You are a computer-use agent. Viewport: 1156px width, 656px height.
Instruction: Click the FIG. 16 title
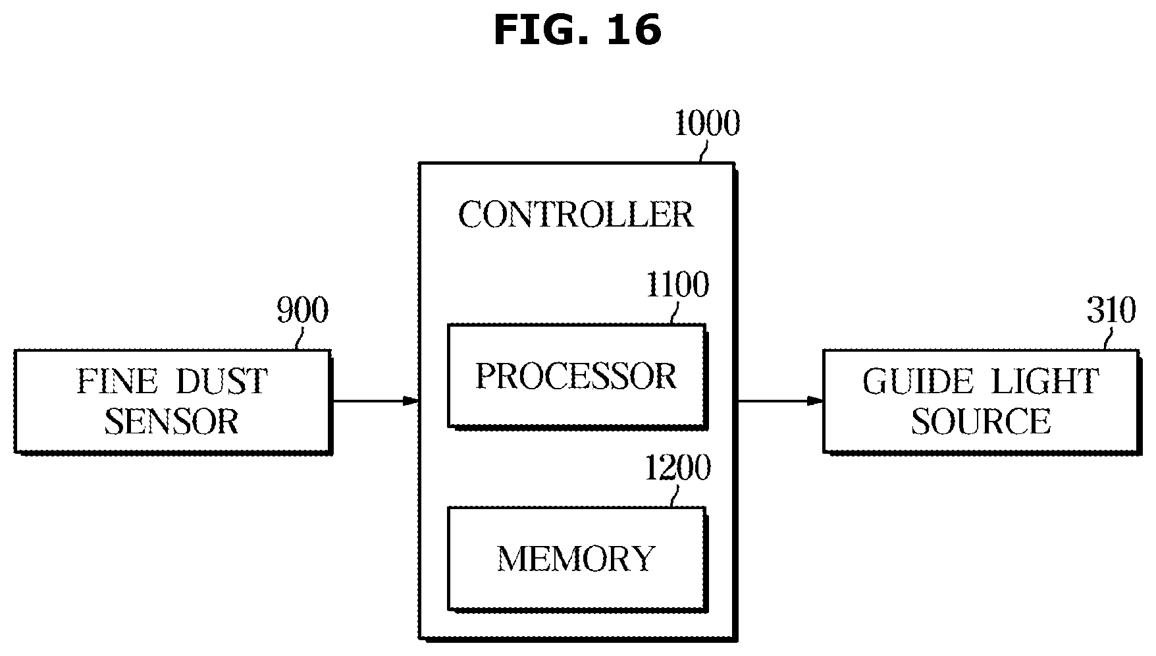click(x=577, y=30)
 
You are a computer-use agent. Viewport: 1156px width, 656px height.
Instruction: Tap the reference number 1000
click(x=706, y=123)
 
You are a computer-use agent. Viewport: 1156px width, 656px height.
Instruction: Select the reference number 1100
click(x=677, y=285)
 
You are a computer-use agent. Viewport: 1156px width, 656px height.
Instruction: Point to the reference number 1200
click(x=677, y=468)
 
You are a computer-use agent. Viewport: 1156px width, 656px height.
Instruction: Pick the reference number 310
click(x=1111, y=310)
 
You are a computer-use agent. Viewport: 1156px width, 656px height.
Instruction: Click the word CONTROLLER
click(x=576, y=215)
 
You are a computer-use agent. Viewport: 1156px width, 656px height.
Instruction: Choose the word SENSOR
click(x=172, y=421)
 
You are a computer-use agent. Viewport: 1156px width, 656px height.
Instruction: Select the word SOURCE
click(x=981, y=421)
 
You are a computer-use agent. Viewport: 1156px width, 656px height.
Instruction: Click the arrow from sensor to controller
click(x=375, y=400)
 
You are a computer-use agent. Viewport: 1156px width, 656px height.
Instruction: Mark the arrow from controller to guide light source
click(x=779, y=400)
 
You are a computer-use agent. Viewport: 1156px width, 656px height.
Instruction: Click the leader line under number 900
click(x=300, y=338)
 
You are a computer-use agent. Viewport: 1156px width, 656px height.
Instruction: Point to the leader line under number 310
click(x=1108, y=338)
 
